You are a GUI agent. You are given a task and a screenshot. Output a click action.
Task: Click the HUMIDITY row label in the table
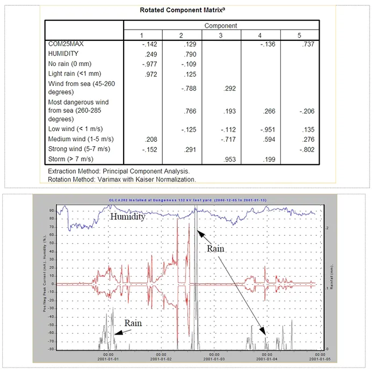pyautogui.click(x=63, y=54)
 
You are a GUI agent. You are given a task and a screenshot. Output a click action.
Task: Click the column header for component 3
pyautogui.click(x=221, y=35)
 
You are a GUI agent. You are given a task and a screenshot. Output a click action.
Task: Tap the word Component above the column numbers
pyautogui.click(x=221, y=25)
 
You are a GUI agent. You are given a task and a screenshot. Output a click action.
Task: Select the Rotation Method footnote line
pyautogui.click(x=121, y=179)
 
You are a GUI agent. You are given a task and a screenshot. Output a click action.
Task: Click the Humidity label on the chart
pyautogui.click(x=127, y=217)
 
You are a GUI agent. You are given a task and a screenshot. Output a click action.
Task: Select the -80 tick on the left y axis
pyautogui.click(x=51, y=349)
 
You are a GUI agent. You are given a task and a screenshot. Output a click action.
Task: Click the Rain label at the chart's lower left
pyautogui.click(x=134, y=323)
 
